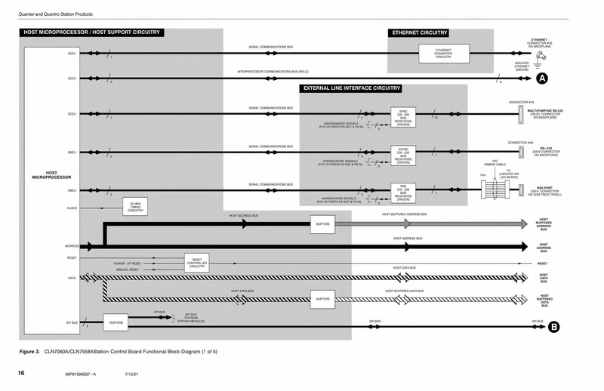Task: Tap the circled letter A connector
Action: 541,79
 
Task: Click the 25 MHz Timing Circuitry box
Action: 135,208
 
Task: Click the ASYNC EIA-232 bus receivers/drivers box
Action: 403,153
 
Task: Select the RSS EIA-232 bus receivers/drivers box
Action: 403,192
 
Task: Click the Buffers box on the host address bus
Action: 321,224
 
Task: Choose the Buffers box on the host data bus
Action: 321,299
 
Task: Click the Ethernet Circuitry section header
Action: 419,33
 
